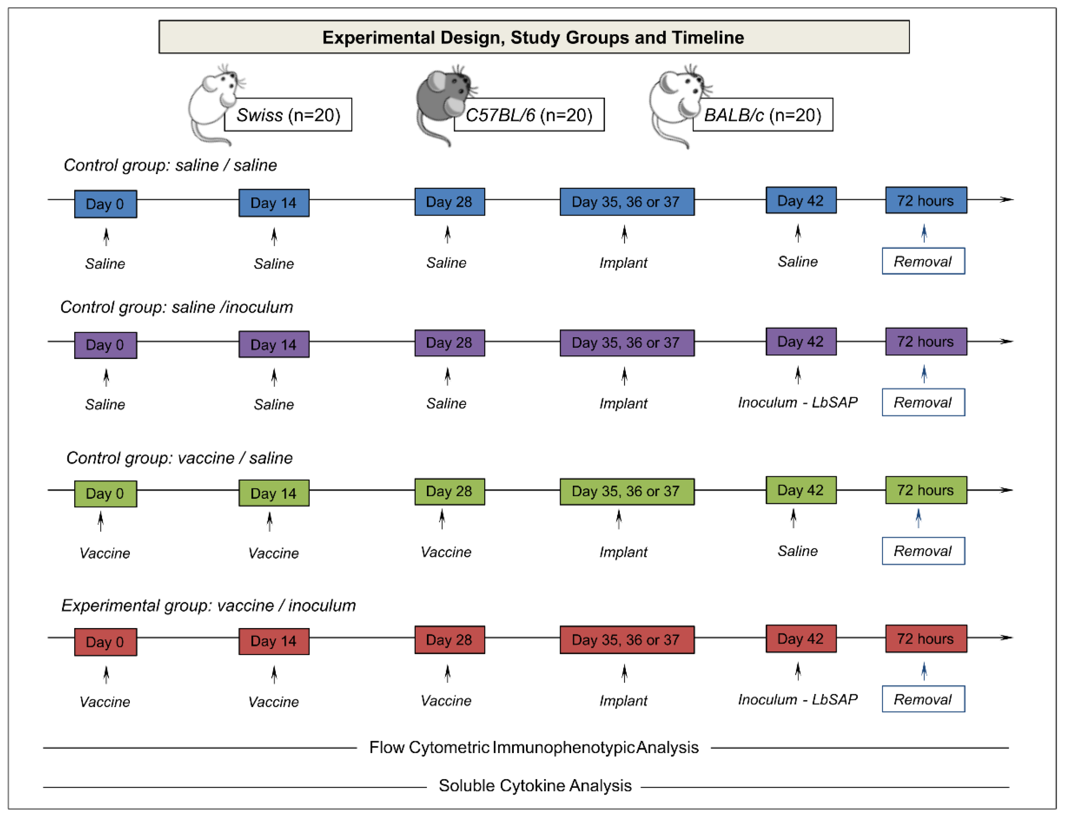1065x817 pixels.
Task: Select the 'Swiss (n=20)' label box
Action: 288,115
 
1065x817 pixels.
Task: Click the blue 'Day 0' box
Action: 105,204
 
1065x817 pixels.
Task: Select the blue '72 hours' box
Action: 925,200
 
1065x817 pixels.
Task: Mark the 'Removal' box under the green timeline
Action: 923,551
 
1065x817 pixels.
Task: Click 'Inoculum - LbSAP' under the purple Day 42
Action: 798,403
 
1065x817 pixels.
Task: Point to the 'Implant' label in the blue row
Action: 623,263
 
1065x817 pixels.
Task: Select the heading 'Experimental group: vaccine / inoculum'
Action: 208,606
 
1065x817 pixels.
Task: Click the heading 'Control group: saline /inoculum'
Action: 176,307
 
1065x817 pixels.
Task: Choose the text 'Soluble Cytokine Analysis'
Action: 535,786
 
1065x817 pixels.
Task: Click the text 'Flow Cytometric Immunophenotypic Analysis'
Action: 534,748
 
